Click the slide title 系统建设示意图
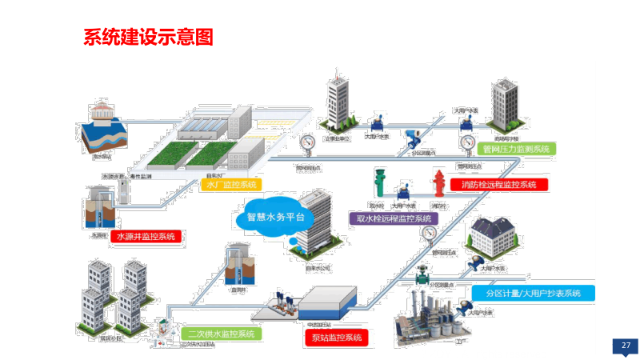(148, 38)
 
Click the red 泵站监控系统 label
(334, 338)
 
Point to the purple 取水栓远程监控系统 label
(394, 218)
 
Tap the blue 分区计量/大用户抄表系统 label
(533, 293)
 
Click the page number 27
(626, 346)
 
